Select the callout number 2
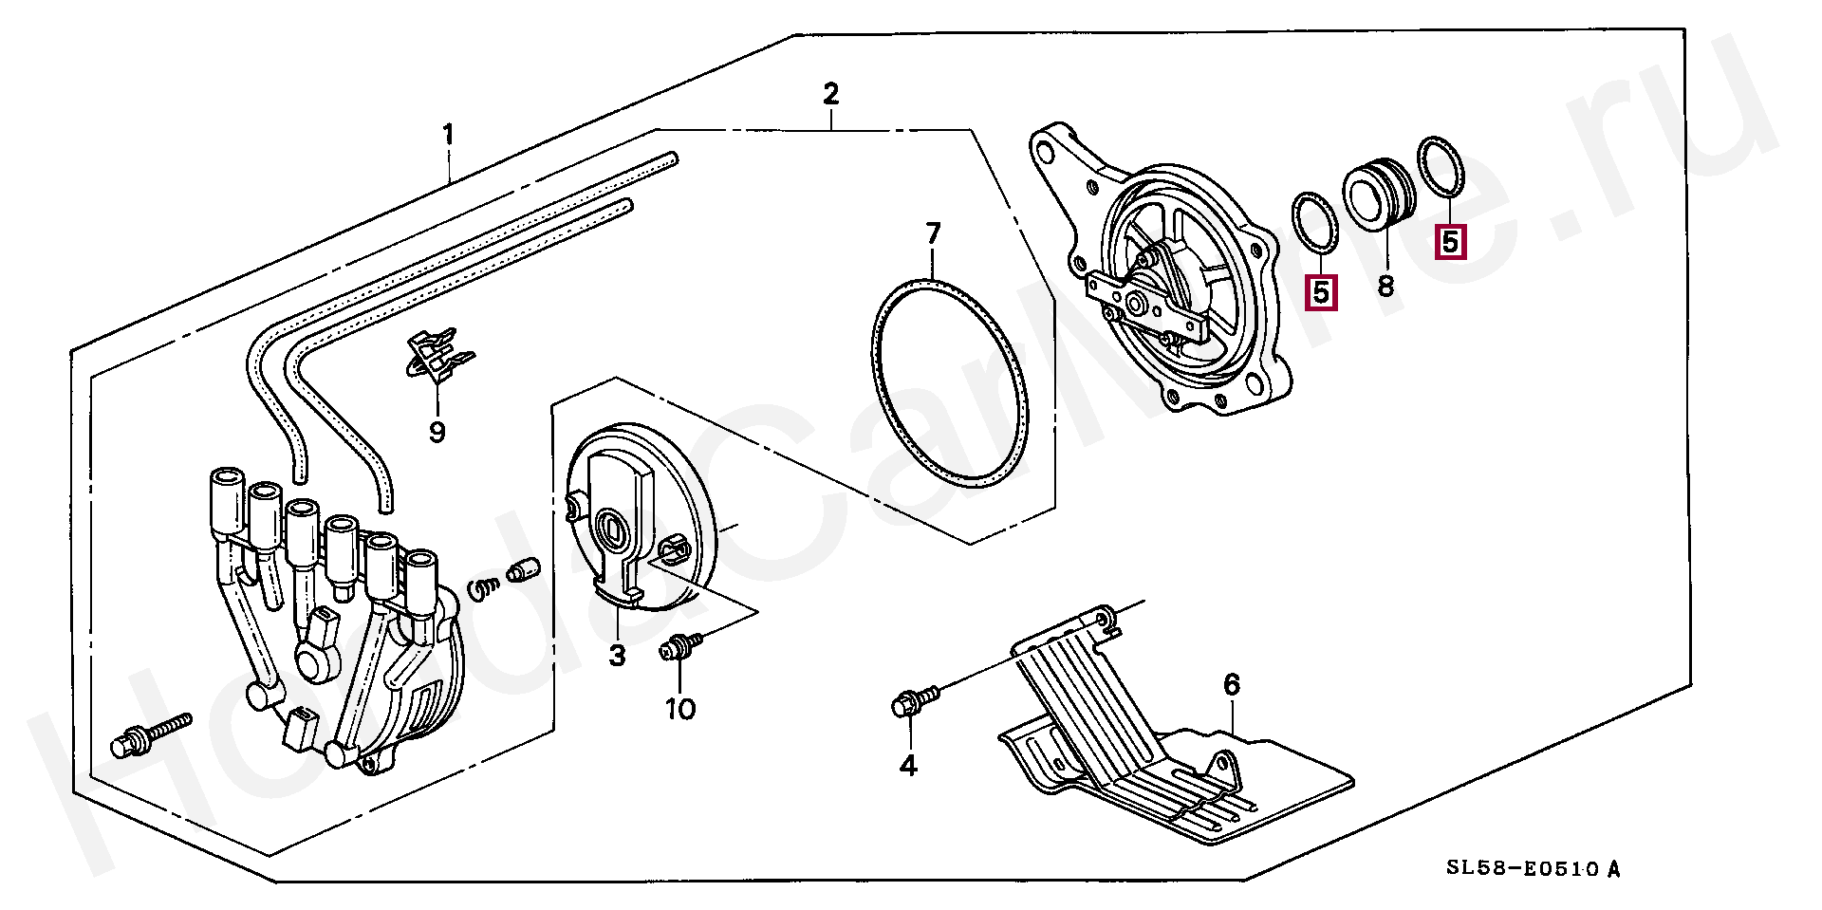pyautogui.click(x=830, y=94)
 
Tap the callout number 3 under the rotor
pyautogui.click(x=618, y=655)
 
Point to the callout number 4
pyautogui.click(x=908, y=765)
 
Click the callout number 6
pyautogui.click(x=1231, y=684)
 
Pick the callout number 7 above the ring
pyautogui.click(x=933, y=233)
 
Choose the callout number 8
pyautogui.click(x=1385, y=284)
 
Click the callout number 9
pyautogui.click(x=437, y=433)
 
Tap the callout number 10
pyautogui.click(x=680, y=709)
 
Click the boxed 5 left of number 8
pyautogui.click(x=1322, y=292)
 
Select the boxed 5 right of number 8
pyautogui.click(x=1450, y=241)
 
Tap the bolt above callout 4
pyautogui.click(x=915, y=702)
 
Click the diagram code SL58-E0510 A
pyautogui.click(x=1533, y=868)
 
